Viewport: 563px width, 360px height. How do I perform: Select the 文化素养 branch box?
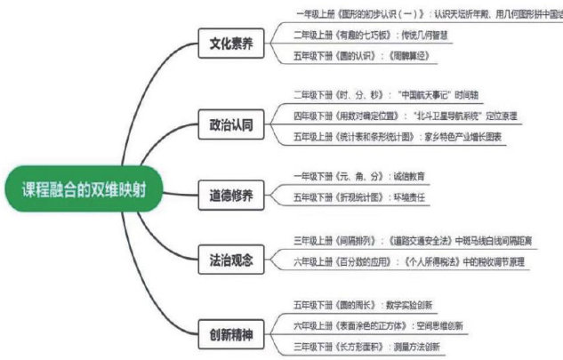230,44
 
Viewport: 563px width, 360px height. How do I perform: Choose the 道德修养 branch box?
230,193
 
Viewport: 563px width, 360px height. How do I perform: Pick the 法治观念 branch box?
230,260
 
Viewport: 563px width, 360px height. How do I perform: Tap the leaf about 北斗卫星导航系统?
405,116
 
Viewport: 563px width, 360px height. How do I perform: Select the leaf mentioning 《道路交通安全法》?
410,240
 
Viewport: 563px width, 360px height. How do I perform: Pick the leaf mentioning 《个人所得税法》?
408,262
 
